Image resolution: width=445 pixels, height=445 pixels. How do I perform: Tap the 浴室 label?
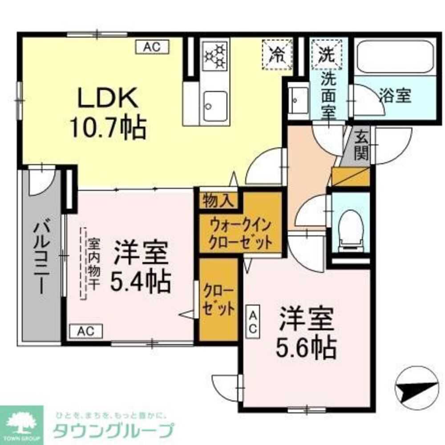click(395, 96)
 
